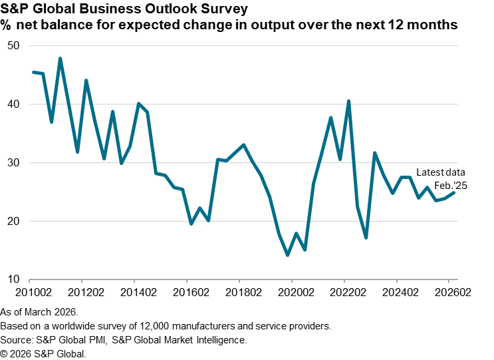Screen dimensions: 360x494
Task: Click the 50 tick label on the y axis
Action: click(15, 46)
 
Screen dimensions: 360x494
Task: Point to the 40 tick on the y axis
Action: click(15, 104)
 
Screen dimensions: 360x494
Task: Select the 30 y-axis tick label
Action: click(15, 163)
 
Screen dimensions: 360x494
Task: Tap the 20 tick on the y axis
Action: click(15, 221)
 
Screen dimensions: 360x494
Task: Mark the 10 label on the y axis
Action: click(15, 279)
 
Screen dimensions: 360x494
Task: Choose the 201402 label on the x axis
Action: click(138, 291)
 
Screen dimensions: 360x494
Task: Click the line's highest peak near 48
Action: click(61, 59)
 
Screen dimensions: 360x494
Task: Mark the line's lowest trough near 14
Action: click(287, 255)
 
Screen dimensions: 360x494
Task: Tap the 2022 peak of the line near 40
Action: click(349, 101)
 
